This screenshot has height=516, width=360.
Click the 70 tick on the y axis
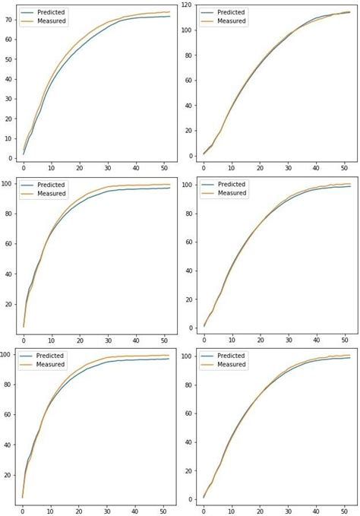(x=8, y=19)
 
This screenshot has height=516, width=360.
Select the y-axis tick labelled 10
(x=8, y=138)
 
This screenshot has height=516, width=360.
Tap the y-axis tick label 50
(x=8, y=59)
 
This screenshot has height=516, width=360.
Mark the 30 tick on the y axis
(x=8, y=99)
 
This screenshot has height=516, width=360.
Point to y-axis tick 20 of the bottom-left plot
(x=8, y=476)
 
